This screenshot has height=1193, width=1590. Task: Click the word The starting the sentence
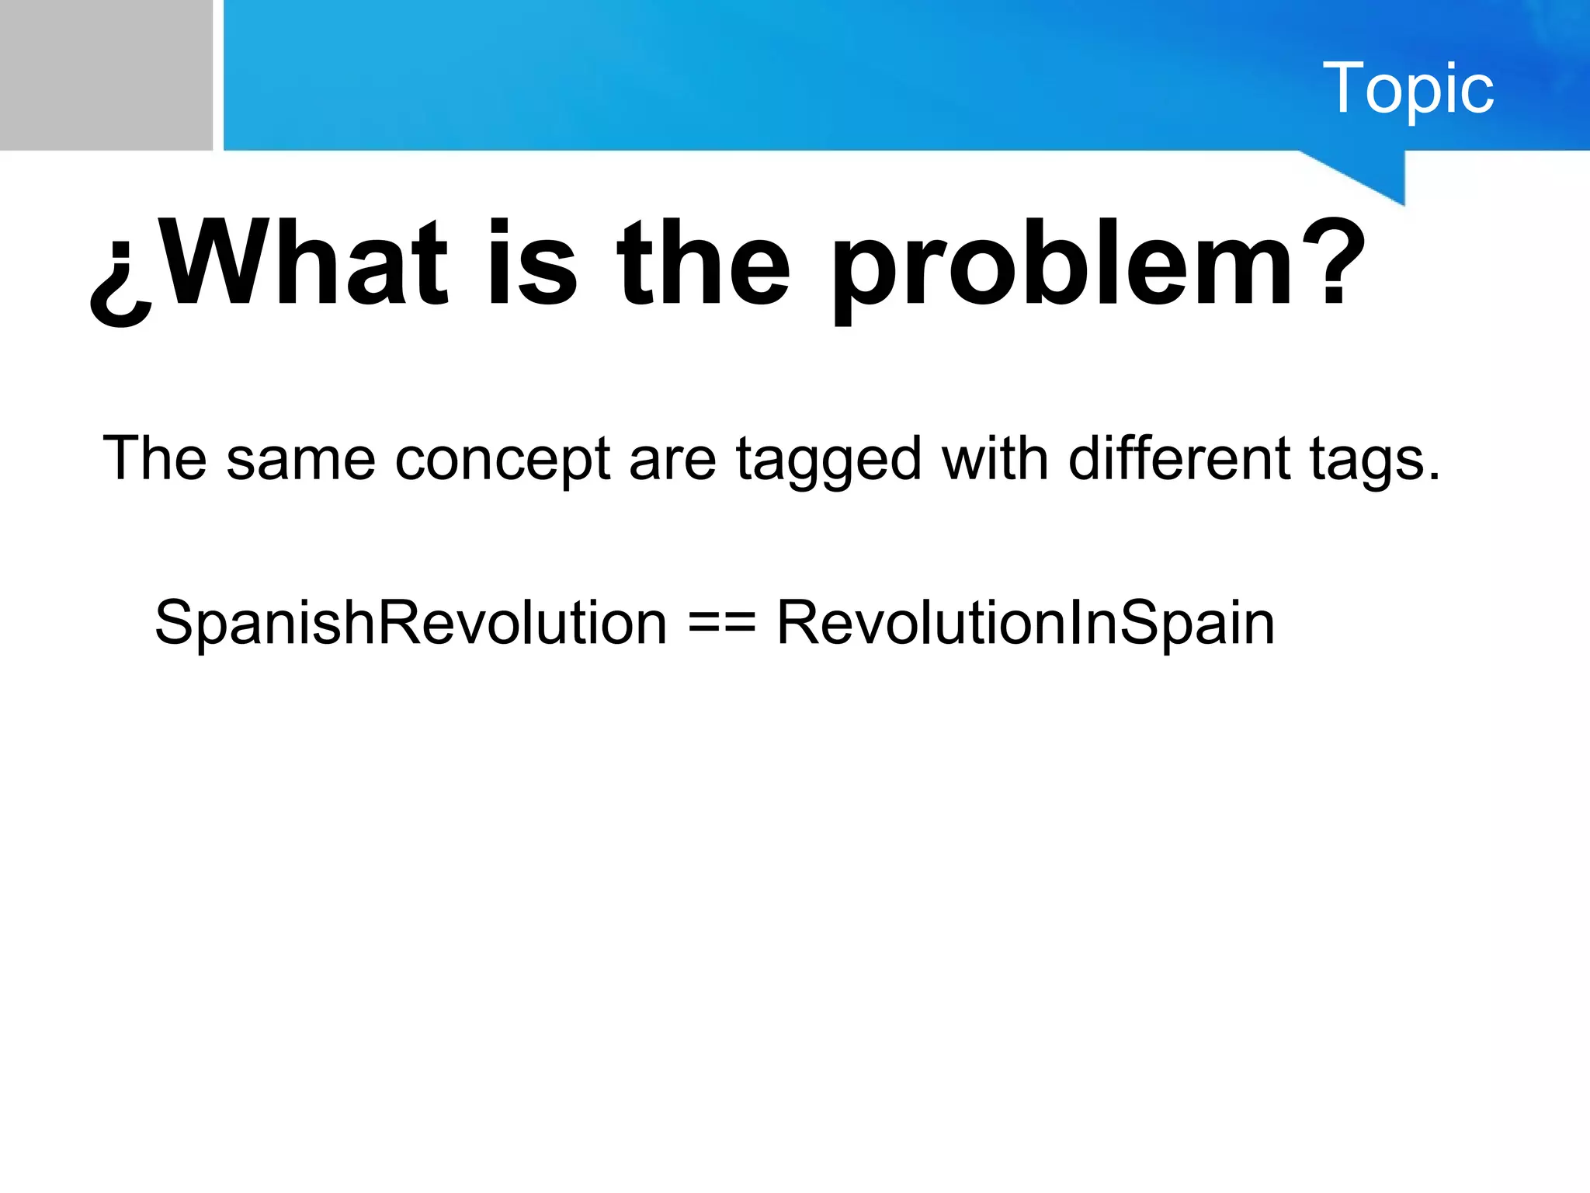point(154,458)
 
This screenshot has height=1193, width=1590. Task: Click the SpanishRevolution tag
point(411,623)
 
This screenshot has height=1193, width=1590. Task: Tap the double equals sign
point(721,624)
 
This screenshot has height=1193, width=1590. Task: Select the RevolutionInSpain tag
point(1026,623)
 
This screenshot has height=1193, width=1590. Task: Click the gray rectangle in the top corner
point(106,75)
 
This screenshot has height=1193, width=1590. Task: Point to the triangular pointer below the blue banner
point(1374,175)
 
